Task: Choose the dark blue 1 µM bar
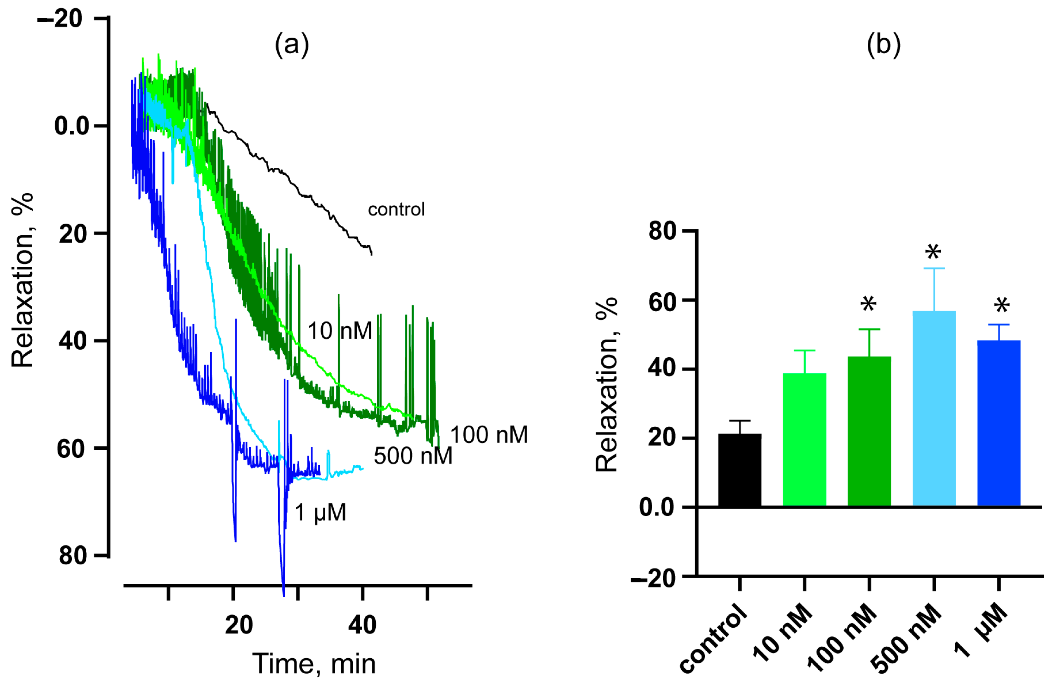click(x=999, y=423)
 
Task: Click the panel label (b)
click(x=883, y=45)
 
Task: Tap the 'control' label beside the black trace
click(x=396, y=209)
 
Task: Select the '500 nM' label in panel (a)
click(x=413, y=456)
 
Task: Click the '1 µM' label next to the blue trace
click(x=320, y=512)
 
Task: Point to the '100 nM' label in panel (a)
click(x=489, y=435)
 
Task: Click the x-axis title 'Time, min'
click(x=314, y=664)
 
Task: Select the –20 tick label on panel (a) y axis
click(x=60, y=19)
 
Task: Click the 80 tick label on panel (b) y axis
click(x=662, y=231)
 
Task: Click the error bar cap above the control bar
click(x=740, y=420)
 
